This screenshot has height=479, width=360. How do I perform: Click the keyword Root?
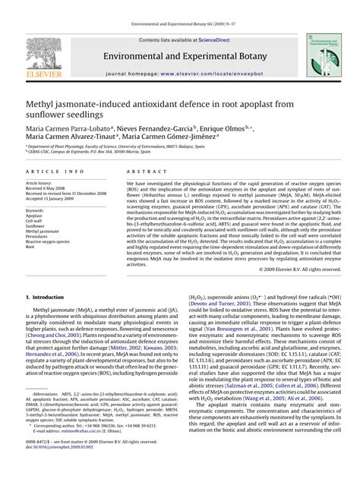(x=30, y=247)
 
